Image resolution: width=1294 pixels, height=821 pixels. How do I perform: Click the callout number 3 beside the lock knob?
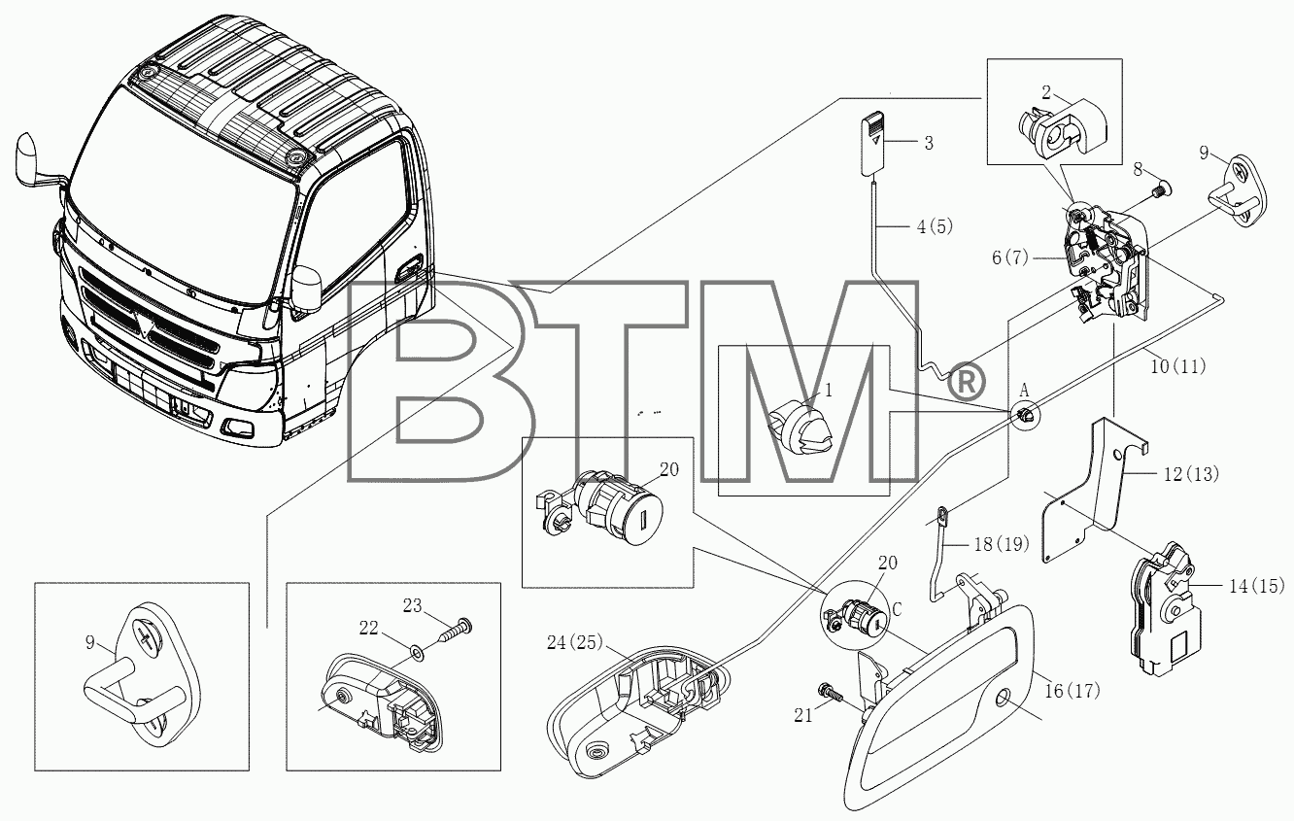929,143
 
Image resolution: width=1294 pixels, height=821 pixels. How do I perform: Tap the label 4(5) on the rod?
935,226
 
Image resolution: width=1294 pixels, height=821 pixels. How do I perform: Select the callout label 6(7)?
1010,257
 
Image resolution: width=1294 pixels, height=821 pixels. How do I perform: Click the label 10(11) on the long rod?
1178,366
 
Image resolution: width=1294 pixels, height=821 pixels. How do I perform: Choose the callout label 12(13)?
1191,474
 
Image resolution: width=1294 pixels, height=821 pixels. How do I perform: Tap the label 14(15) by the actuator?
1256,587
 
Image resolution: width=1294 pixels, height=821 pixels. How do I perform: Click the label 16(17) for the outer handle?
1073,691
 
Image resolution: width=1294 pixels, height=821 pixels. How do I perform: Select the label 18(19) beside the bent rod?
1002,544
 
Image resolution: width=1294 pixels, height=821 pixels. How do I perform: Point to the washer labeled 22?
416,653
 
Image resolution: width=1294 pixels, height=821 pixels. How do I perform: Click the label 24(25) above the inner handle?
575,642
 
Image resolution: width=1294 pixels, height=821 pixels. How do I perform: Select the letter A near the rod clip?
1024,391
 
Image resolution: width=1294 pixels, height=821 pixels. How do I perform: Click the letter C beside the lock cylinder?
897,610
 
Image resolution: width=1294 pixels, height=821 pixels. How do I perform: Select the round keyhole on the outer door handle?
1003,700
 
